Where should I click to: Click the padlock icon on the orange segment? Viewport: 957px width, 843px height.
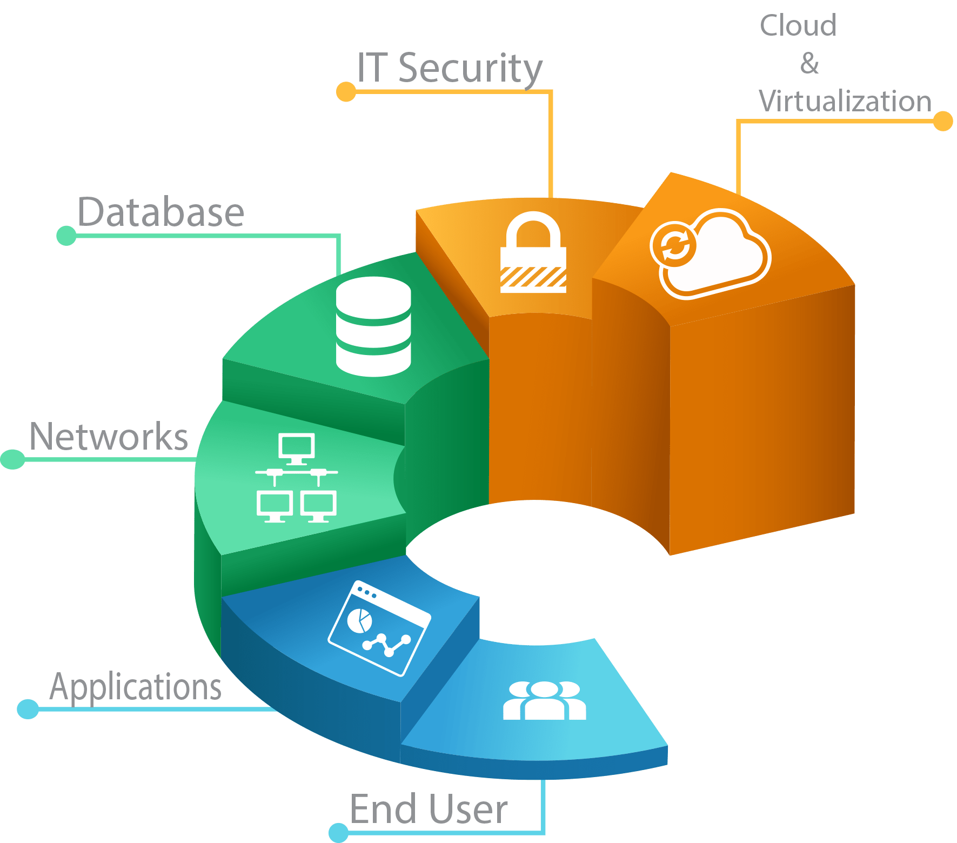pos(533,253)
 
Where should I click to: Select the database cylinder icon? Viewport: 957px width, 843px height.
pos(373,326)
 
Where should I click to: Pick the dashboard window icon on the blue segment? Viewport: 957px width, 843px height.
pos(379,628)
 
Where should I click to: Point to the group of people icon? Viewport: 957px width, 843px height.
pos(544,701)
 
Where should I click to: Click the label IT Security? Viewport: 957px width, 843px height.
pos(450,68)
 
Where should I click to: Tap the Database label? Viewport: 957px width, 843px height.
pos(161,212)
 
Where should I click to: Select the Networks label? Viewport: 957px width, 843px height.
pos(109,437)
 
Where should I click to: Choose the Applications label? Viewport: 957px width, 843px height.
pos(136,687)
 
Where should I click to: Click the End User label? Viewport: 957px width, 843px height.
pos(429,809)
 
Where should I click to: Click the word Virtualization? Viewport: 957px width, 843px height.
pos(845,101)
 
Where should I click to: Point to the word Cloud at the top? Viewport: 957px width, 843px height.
pos(798,25)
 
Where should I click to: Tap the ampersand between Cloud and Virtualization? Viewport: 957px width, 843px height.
pos(809,63)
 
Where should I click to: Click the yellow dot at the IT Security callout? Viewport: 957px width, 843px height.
pos(346,92)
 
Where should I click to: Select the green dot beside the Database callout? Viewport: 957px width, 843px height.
pos(66,236)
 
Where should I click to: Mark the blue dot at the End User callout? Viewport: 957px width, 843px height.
pos(339,832)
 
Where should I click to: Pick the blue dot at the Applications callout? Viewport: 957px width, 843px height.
pos(28,709)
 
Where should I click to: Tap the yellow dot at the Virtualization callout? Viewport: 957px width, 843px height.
pos(943,121)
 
